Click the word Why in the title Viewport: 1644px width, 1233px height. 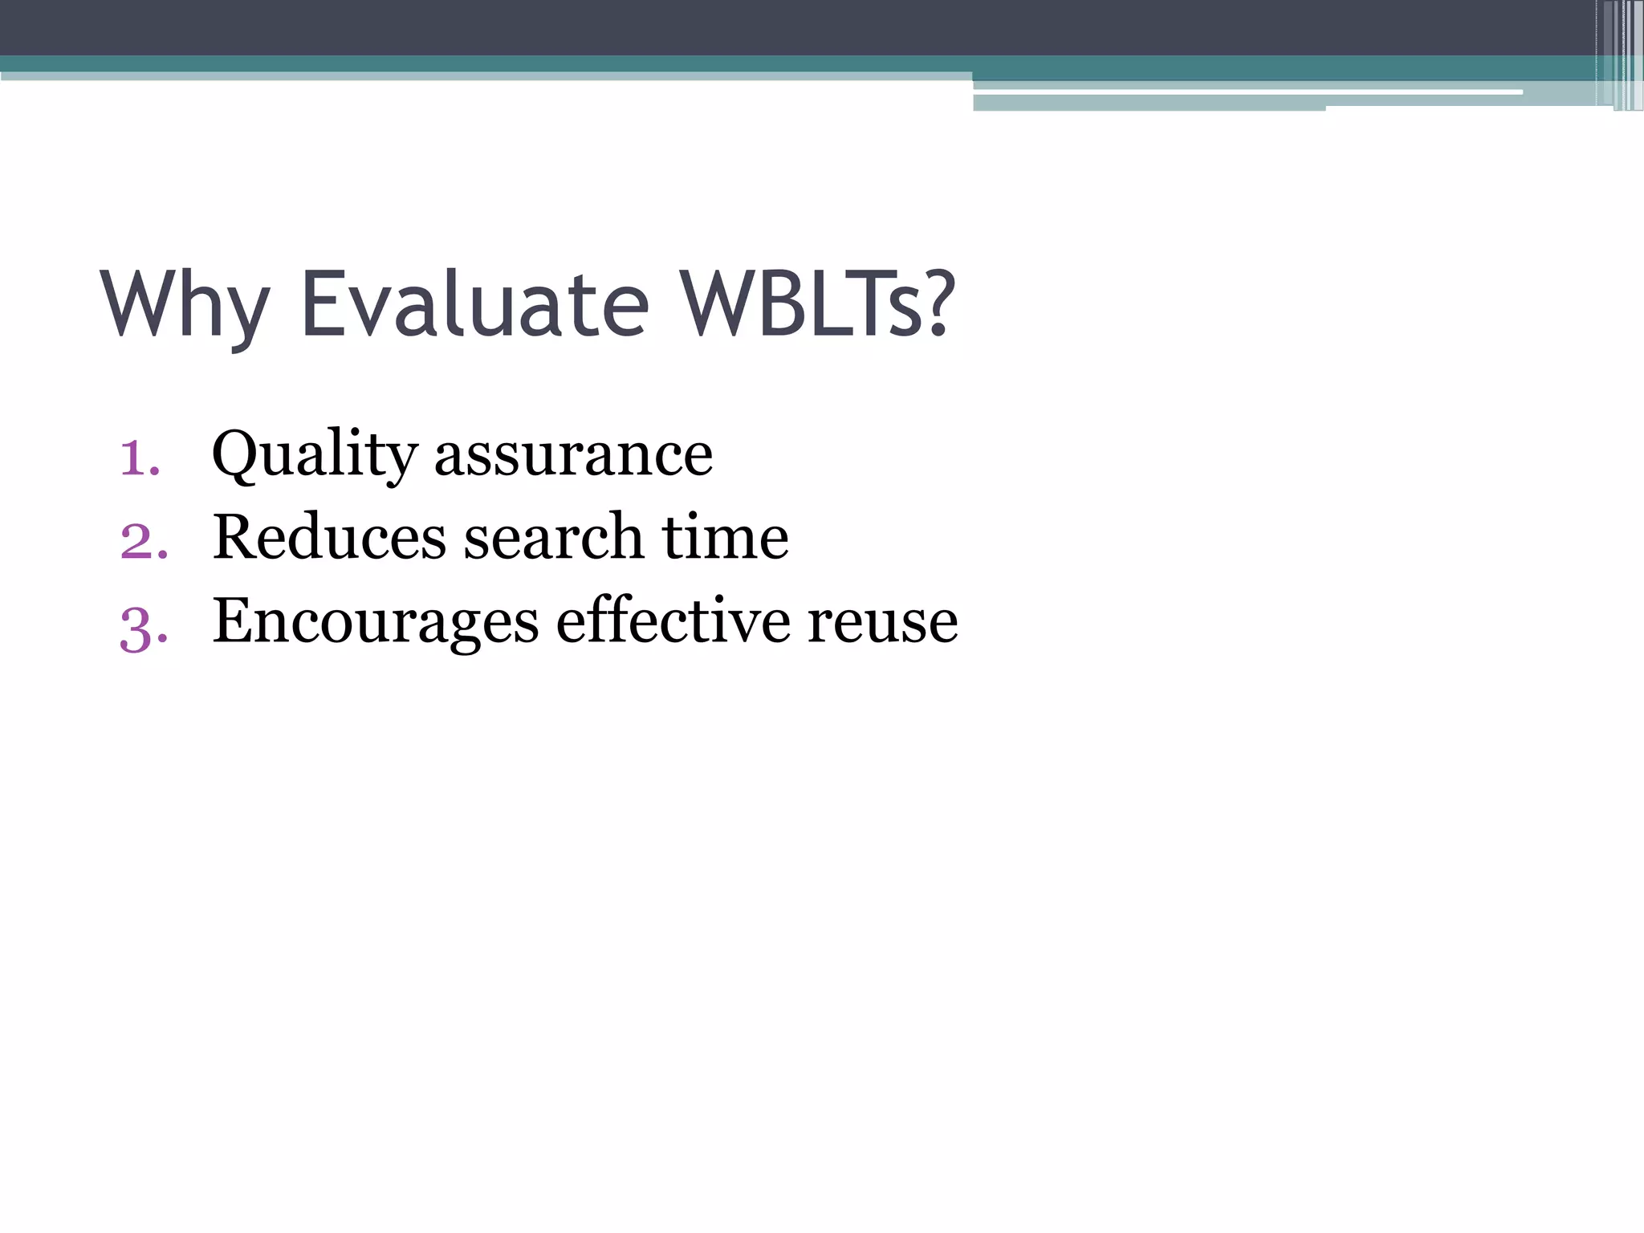point(185,305)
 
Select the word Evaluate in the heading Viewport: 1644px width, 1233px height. point(474,305)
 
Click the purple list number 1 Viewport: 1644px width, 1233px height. point(138,458)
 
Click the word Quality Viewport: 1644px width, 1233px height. point(314,454)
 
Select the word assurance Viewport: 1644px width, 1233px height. point(573,456)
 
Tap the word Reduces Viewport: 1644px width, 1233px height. point(329,538)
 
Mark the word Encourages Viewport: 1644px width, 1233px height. point(375,623)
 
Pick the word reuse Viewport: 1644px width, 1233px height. point(882,623)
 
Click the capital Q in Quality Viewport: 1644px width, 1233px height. point(236,454)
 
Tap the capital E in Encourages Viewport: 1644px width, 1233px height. point(233,620)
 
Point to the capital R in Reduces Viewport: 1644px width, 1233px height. point(234,537)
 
